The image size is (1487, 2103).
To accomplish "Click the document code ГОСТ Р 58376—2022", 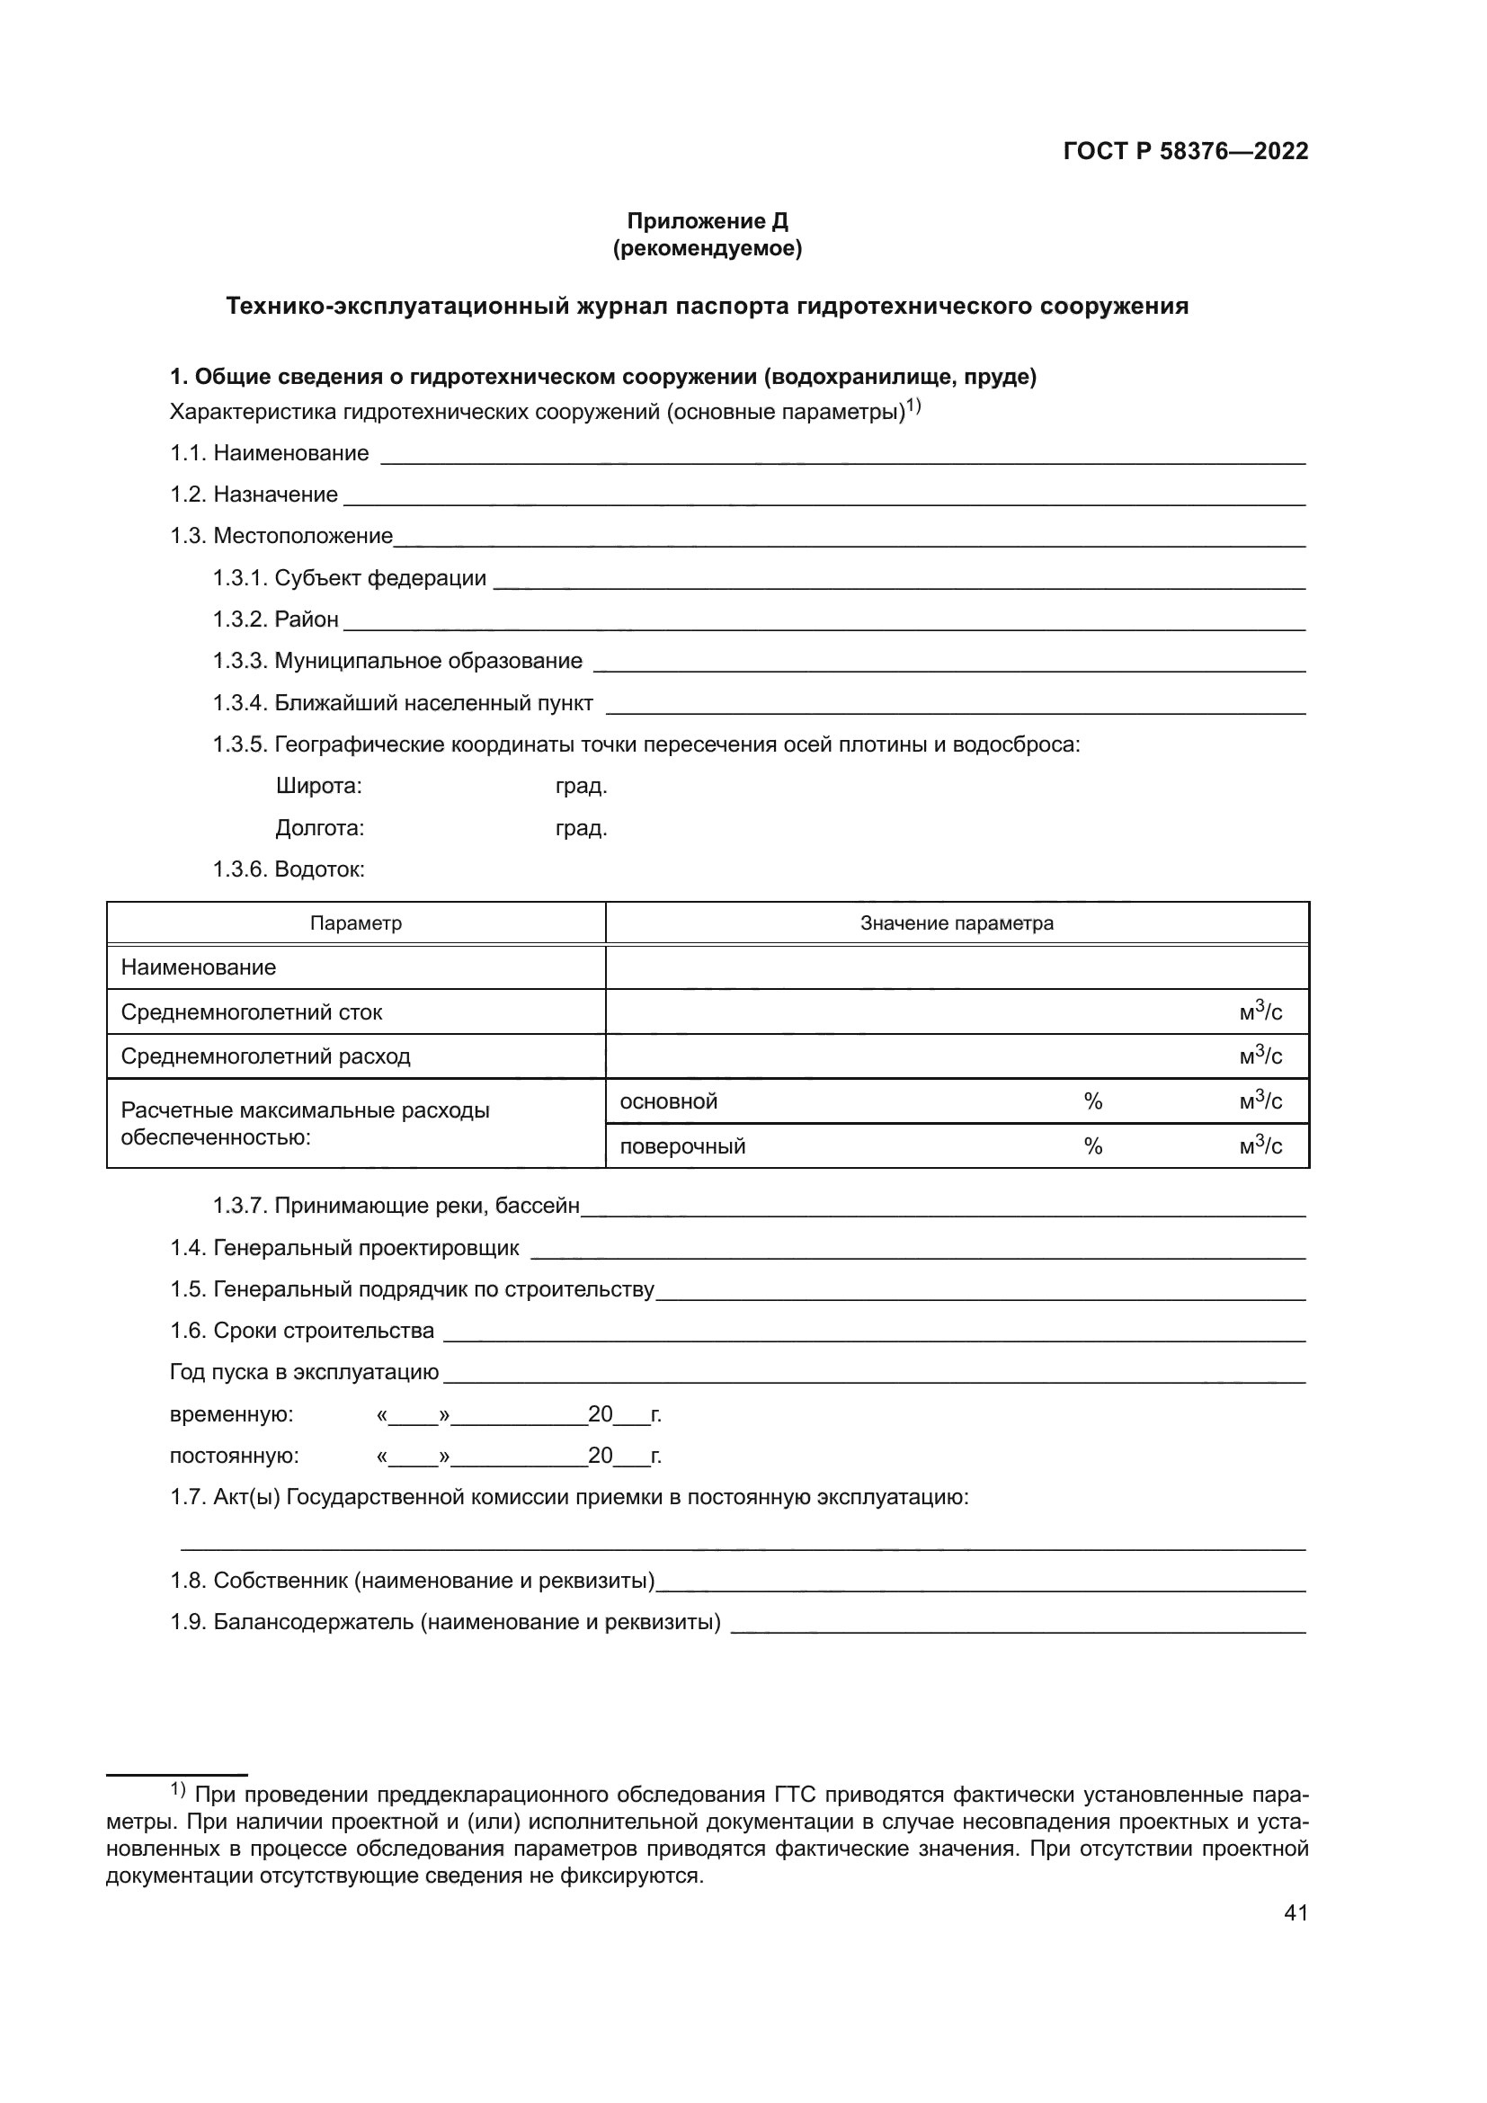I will pyautogui.click(x=1185, y=152).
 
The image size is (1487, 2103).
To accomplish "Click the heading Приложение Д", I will pyautogui.click(x=707, y=221).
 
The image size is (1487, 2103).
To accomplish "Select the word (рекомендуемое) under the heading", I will pyautogui.click(x=707, y=248).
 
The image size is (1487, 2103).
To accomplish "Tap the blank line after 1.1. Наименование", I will pyautogui.click(x=842, y=456).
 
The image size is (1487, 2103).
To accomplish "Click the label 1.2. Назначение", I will pyautogui.click(x=254, y=495).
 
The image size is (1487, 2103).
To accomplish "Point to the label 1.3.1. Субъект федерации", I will pyautogui.click(x=350, y=578).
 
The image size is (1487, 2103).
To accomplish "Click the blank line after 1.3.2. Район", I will pyautogui.click(x=824, y=623).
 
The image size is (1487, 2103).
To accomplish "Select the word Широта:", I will pyautogui.click(x=318, y=786).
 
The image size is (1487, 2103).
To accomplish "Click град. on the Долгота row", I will pyautogui.click(x=582, y=828).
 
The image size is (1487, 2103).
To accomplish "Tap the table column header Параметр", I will pyautogui.click(x=355, y=923).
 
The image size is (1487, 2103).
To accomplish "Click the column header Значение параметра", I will pyautogui.click(x=957, y=923).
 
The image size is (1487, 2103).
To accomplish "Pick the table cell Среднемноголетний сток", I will pyautogui.click(x=252, y=1012).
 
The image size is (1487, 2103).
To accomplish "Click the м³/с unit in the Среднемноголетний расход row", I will pyautogui.click(x=1260, y=1056).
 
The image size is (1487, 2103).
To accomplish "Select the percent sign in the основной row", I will pyautogui.click(x=1092, y=1101).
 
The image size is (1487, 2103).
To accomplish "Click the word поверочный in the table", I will pyautogui.click(x=682, y=1145).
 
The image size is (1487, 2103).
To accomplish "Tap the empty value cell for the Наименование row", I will pyautogui.click(x=957, y=967).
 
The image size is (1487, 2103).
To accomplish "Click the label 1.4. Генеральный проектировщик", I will pyautogui.click(x=344, y=1248).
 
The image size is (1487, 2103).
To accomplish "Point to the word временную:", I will pyautogui.click(x=232, y=1414).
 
